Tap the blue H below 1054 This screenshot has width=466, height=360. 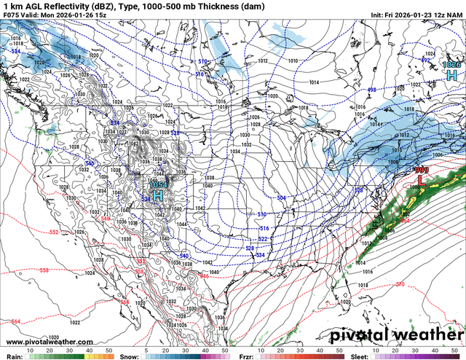coord(157,195)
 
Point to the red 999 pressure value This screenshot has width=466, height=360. coord(422,170)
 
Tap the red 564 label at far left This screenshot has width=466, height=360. coord(16,321)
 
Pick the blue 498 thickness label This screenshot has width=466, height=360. coord(371,90)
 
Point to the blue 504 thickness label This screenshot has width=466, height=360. coord(282,197)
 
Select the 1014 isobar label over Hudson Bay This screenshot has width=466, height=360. coord(314,82)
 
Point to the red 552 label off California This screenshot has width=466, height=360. coord(54,232)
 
